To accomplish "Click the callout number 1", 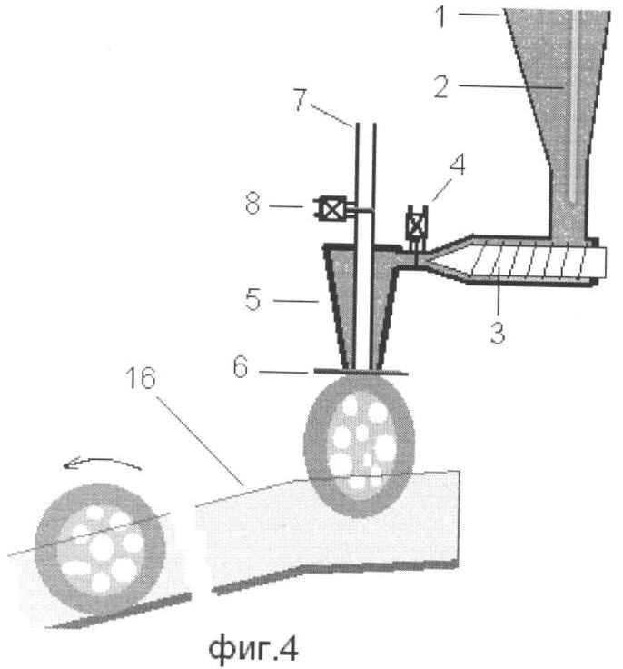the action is tap(441, 17).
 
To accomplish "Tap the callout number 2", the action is tap(441, 86).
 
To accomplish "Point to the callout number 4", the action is tap(457, 165).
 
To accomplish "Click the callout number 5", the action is tap(252, 300).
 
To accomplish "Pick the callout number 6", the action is tap(241, 367).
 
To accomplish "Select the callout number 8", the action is tap(252, 203).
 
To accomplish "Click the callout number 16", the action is tap(141, 378).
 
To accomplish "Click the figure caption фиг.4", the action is tap(253, 648).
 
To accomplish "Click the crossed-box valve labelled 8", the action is tap(329, 209).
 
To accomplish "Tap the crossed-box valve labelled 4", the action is tap(417, 225).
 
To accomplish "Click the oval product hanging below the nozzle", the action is tap(360, 446).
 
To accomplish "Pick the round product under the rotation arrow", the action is tap(100, 549).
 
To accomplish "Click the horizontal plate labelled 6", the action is tap(361, 372).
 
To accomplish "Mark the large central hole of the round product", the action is tap(102, 548).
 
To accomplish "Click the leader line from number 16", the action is tap(200, 441).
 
